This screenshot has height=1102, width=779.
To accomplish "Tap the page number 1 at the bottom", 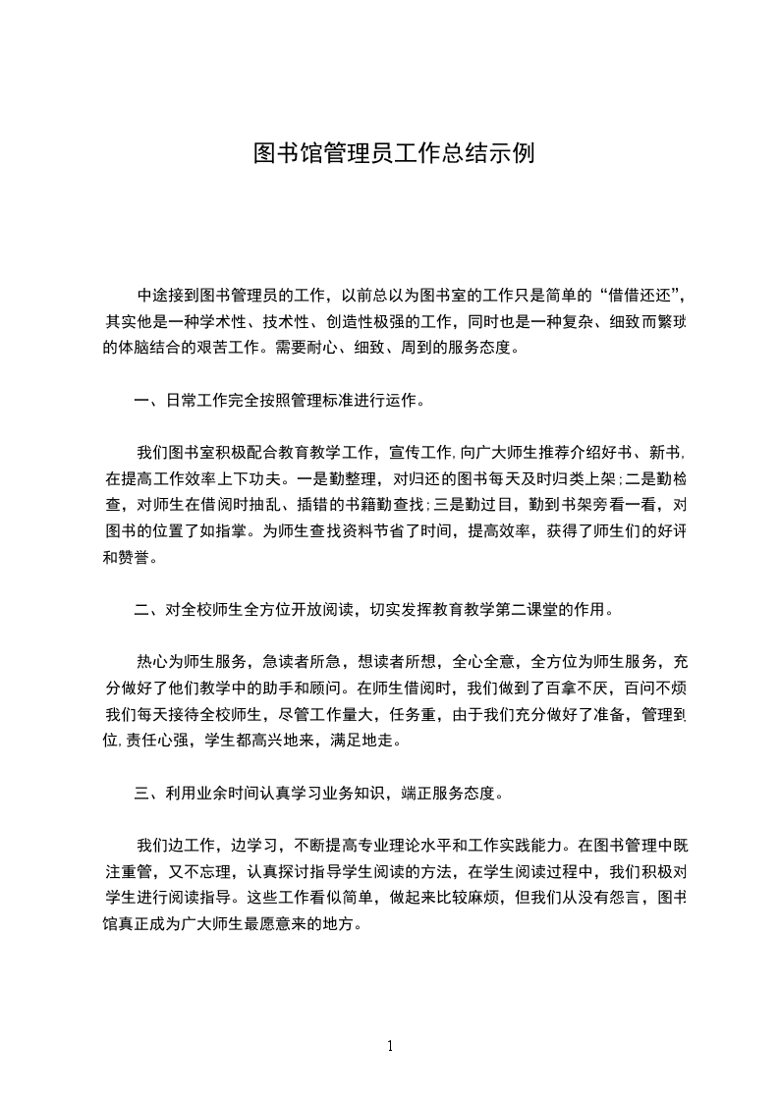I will [390, 1046].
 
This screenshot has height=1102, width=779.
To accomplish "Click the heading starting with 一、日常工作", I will [280, 400].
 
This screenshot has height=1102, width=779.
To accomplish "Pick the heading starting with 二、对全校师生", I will [374, 609].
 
